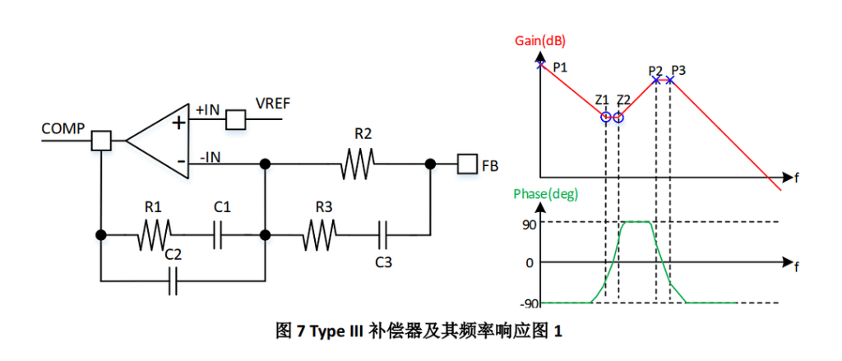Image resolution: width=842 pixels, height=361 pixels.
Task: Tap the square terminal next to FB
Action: (468, 164)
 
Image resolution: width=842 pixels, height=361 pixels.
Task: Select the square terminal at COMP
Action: (101, 141)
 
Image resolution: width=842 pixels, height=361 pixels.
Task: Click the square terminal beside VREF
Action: (237, 119)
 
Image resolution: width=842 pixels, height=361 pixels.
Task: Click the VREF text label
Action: (274, 104)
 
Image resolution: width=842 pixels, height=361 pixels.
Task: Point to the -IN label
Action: (213, 156)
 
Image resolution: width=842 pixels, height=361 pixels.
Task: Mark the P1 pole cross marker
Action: (540, 63)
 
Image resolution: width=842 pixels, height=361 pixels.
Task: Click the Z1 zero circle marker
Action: (606, 117)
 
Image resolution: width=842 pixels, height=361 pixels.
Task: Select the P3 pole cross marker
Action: (670, 80)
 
